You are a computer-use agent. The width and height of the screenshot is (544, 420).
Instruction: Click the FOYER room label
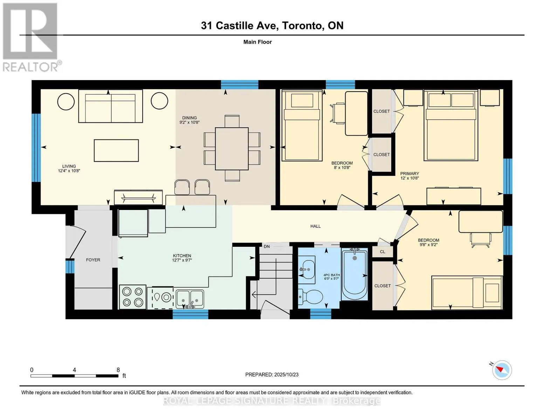93,260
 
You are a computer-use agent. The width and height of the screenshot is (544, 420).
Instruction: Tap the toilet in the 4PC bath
310,297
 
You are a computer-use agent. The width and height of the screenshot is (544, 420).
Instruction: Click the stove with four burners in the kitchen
133,297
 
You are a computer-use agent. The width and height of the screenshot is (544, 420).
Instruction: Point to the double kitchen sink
190,299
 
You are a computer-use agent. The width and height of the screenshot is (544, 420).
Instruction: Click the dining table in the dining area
232,149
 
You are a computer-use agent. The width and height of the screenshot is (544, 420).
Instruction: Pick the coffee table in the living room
116,150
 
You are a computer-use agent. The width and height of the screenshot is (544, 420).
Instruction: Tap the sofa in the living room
110,106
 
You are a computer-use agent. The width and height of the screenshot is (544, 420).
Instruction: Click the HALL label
315,226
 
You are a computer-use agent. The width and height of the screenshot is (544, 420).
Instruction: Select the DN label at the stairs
267,246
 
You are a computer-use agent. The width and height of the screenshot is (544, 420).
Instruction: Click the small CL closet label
383,252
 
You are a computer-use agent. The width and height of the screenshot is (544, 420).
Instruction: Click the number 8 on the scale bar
118,370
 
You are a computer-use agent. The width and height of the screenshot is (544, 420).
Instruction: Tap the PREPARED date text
272,374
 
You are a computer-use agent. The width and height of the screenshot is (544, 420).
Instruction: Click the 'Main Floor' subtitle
257,42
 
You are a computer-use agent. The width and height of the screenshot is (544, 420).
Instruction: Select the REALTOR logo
31,37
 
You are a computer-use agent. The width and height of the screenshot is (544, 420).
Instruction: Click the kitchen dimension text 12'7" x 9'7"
182,260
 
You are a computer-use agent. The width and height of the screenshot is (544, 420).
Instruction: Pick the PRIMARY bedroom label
409,174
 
